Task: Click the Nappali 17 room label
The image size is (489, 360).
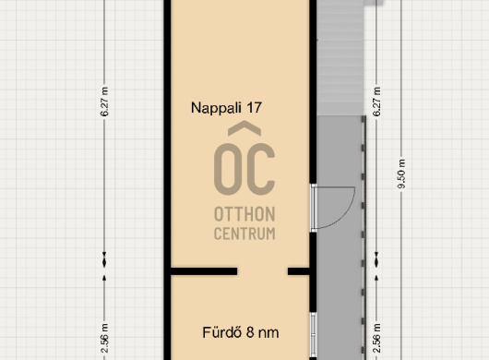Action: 226,108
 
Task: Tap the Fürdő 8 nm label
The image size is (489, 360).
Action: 241,332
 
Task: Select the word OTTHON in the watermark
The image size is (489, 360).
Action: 244,214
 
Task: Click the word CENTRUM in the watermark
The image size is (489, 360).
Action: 244,234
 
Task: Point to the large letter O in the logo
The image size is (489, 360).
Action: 228,169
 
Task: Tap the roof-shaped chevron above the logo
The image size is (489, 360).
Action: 244,128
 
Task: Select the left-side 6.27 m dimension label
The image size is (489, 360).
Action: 105,102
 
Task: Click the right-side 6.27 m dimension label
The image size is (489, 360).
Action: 377,102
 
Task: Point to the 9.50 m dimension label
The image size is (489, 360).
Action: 401,174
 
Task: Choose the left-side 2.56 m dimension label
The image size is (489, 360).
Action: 105,338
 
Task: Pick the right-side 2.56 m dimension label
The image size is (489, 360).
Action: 377,338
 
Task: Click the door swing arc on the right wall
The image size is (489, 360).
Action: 348,216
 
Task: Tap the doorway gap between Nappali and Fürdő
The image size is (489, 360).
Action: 262,271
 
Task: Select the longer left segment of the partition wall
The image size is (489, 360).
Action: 204,271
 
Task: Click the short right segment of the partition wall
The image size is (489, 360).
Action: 298,271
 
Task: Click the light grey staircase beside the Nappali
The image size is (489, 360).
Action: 340,59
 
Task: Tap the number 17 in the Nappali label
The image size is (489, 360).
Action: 254,107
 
